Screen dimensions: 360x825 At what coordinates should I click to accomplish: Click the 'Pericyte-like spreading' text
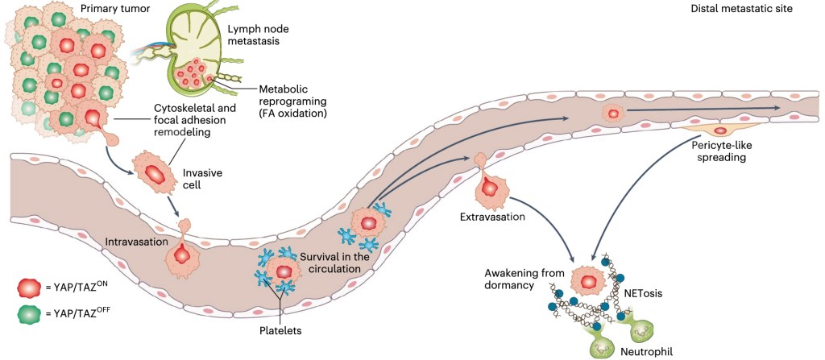(x=723, y=152)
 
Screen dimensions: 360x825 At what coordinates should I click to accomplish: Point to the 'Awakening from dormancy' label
(x=522, y=278)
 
